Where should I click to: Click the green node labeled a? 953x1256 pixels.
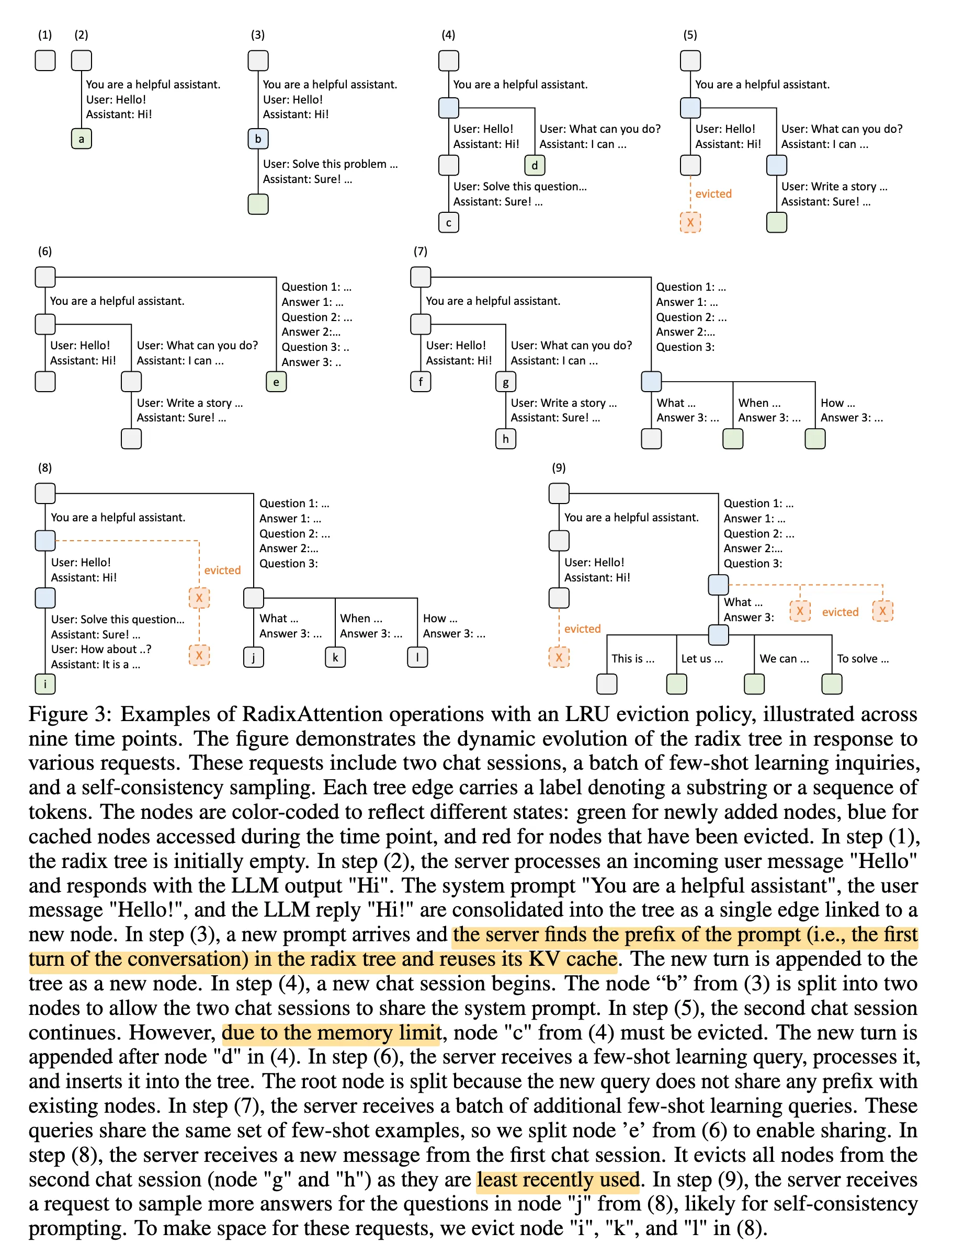81,139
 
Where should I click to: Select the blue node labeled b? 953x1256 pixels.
258,139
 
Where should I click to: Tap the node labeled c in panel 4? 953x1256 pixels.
449,223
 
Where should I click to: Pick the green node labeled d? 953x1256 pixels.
535,165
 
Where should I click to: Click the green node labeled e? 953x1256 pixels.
276,382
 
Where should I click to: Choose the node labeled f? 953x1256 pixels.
421,382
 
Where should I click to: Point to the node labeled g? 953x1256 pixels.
505,382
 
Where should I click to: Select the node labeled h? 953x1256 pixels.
505,439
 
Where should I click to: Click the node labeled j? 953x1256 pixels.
253,657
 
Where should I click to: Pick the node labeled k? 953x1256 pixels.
335,657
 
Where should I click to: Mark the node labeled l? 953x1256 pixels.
417,657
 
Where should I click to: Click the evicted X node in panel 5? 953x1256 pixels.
690,223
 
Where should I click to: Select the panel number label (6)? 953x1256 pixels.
45,251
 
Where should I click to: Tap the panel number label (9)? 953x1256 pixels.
559,467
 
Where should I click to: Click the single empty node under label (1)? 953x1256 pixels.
45,60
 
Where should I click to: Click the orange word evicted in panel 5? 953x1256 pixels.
713,193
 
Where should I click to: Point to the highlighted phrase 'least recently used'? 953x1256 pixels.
558,1180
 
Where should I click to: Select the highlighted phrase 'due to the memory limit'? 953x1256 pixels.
331,1032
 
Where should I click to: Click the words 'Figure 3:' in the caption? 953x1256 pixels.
71,714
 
